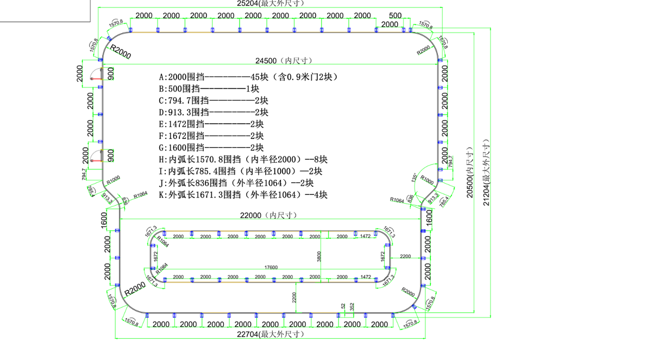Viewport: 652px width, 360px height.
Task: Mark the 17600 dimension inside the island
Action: pos(271,267)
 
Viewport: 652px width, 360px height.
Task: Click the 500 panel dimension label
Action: pos(396,16)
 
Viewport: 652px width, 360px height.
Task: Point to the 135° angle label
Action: pos(415,177)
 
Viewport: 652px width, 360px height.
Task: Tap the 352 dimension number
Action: pos(352,307)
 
